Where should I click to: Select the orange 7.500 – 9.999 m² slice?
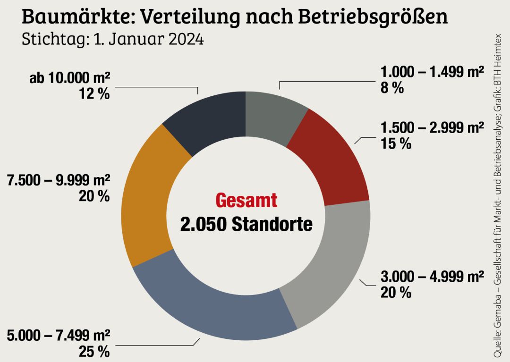pyautogui.click(x=146, y=198)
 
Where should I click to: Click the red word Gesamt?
pyautogui.click(x=246, y=200)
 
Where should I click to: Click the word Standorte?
pyautogui.click(x=272, y=224)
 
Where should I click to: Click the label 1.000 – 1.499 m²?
pyautogui.click(x=433, y=72)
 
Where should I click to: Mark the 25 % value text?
pyautogui.click(x=94, y=352)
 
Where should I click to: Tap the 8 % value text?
pyautogui.click(x=392, y=88)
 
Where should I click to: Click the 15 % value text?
pyautogui.click(x=396, y=144)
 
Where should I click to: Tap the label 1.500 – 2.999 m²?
pyautogui.click(x=433, y=127)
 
